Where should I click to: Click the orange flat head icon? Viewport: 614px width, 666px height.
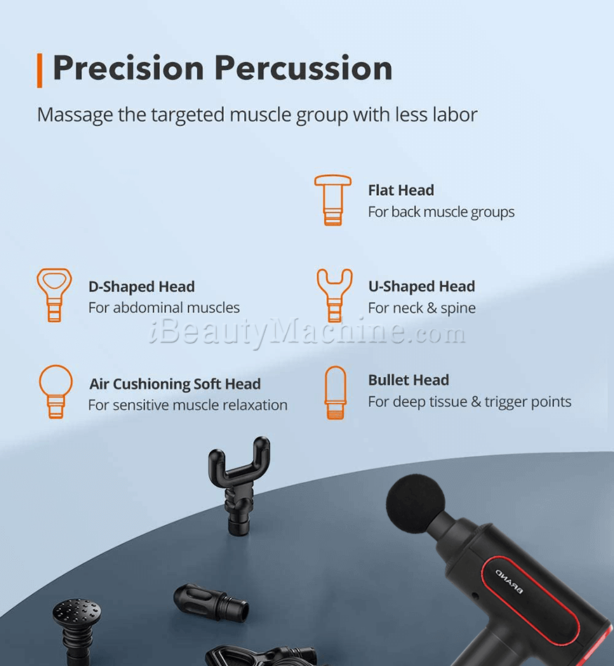pyautogui.click(x=333, y=200)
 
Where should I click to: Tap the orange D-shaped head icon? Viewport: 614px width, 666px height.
pyautogui.click(x=54, y=295)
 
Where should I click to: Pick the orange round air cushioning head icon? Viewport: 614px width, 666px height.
pyautogui.click(x=55, y=392)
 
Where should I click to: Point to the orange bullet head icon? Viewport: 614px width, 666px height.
pyautogui.click(x=335, y=393)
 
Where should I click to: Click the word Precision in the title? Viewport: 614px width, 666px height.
pyautogui.click(x=128, y=68)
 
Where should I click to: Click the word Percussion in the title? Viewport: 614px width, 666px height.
pyautogui.click(x=303, y=68)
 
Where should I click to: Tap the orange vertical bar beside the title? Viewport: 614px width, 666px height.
pyautogui.click(x=39, y=70)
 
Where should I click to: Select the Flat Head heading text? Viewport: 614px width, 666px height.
pyautogui.click(x=401, y=190)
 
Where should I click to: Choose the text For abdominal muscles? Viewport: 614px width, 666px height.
pyautogui.click(x=164, y=307)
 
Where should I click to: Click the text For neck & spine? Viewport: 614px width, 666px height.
pyautogui.click(x=422, y=308)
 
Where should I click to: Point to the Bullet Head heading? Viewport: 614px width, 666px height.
pyautogui.click(x=408, y=380)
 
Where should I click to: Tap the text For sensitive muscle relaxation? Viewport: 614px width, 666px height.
pyautogui.click(x=187, y=405)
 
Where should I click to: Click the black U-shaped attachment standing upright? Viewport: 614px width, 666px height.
pyautogui.click(x=239, y=485)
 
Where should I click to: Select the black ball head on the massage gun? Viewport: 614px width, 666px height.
pyautogui.click(x=415, y=504)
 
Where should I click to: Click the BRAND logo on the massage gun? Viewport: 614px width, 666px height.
pyautogui.click(x=509, y=581)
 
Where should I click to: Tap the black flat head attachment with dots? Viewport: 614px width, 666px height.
pyautogui.click(x=77, y=629)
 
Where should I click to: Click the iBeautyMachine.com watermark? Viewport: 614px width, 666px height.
pyautogui.click(x=307, y=332)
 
